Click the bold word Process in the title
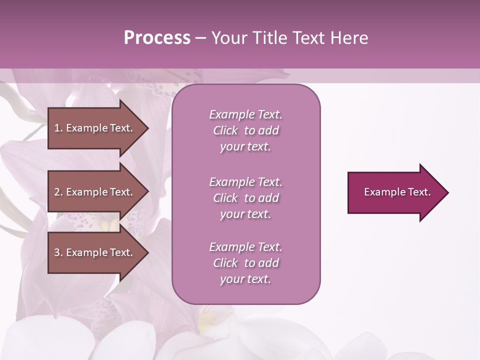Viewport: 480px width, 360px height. [157, 38]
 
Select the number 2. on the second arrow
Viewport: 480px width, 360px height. [58, 192]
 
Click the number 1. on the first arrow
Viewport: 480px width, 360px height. [58, 128]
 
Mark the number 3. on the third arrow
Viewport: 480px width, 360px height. [58, 252]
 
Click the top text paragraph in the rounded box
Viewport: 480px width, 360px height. [245, 130]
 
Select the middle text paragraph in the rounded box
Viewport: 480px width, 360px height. [245, 198]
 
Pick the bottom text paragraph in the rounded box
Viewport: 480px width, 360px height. [245, 263]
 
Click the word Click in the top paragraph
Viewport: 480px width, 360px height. [225, 130]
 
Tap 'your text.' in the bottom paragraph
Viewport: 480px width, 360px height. [245, 279]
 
